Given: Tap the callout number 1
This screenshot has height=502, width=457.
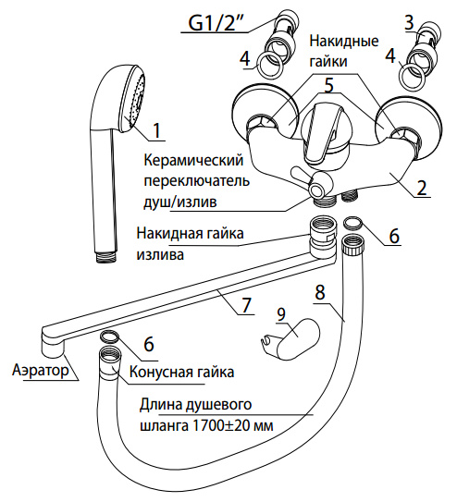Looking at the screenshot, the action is pos(156,129).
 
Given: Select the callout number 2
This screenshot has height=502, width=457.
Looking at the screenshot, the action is pos(422,187).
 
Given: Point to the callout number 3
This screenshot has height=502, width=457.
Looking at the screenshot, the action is pos(409,22).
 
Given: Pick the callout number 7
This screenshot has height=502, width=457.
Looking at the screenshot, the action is pos(246,304).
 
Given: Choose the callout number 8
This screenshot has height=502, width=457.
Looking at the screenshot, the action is pos(319,291).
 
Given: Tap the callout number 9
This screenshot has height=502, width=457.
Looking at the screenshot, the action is pos(281,314).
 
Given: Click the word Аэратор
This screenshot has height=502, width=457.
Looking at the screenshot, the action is pos(41,371).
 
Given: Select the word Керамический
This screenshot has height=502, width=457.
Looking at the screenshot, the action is pos(193,160).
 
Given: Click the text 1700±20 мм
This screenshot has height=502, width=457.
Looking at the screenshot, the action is pos(233,426).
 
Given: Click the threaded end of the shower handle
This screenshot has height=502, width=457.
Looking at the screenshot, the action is pos(107,257).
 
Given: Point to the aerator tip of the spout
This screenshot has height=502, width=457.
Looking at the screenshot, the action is pos(52,348).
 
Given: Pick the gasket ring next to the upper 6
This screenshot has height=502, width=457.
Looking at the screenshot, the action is pos(352,223).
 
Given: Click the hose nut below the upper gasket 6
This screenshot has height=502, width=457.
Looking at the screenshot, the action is pos(352,245).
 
